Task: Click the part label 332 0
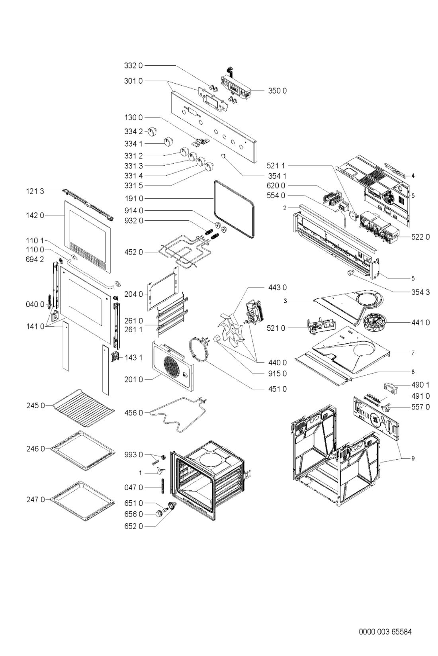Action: coord(133,66)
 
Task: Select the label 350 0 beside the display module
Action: coord(277,91)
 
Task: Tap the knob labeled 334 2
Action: coord(152,131)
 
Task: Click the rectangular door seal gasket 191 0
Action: coord(234,209)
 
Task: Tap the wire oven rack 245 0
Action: coord(83,407)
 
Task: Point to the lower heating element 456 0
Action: coord(179,414)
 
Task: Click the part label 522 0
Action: coord(420,237)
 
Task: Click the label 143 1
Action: coord(133,358)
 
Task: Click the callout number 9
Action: coord(413,458)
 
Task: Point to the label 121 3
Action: coord(35,191)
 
